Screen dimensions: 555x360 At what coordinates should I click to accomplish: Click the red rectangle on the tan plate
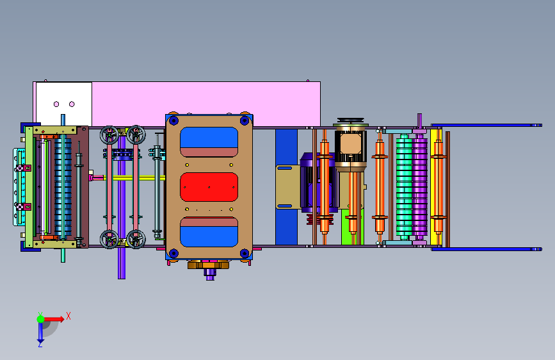(209, 187)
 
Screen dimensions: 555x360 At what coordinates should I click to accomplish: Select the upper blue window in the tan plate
(209, 138)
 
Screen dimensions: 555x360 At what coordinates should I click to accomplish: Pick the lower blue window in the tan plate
(209, 236)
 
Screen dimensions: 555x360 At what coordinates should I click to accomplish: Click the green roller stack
(404, 187)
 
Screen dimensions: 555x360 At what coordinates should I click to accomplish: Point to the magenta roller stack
(419, 187)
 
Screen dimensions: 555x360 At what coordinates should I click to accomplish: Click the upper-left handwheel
(109, 135)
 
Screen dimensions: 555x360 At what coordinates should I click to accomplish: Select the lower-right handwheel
(136, 239)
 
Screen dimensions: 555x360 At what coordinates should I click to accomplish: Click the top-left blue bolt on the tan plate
(173, 121)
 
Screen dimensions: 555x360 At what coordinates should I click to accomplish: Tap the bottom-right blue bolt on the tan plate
(245, 254)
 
